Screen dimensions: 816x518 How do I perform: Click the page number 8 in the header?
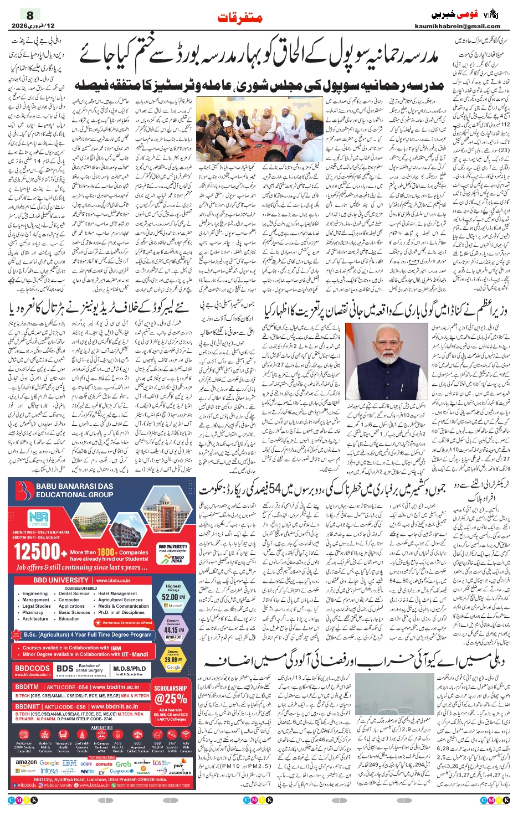(x=30, y=15)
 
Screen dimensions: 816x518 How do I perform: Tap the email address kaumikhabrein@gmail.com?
(x=457, y=26)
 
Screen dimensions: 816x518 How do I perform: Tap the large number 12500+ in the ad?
(x=37, y=552)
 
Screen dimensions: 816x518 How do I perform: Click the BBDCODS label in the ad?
(x=32, y=669)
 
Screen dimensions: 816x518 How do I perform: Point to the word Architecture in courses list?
(x=35, y=619)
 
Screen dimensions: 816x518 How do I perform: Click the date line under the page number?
(x=33, y=26)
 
